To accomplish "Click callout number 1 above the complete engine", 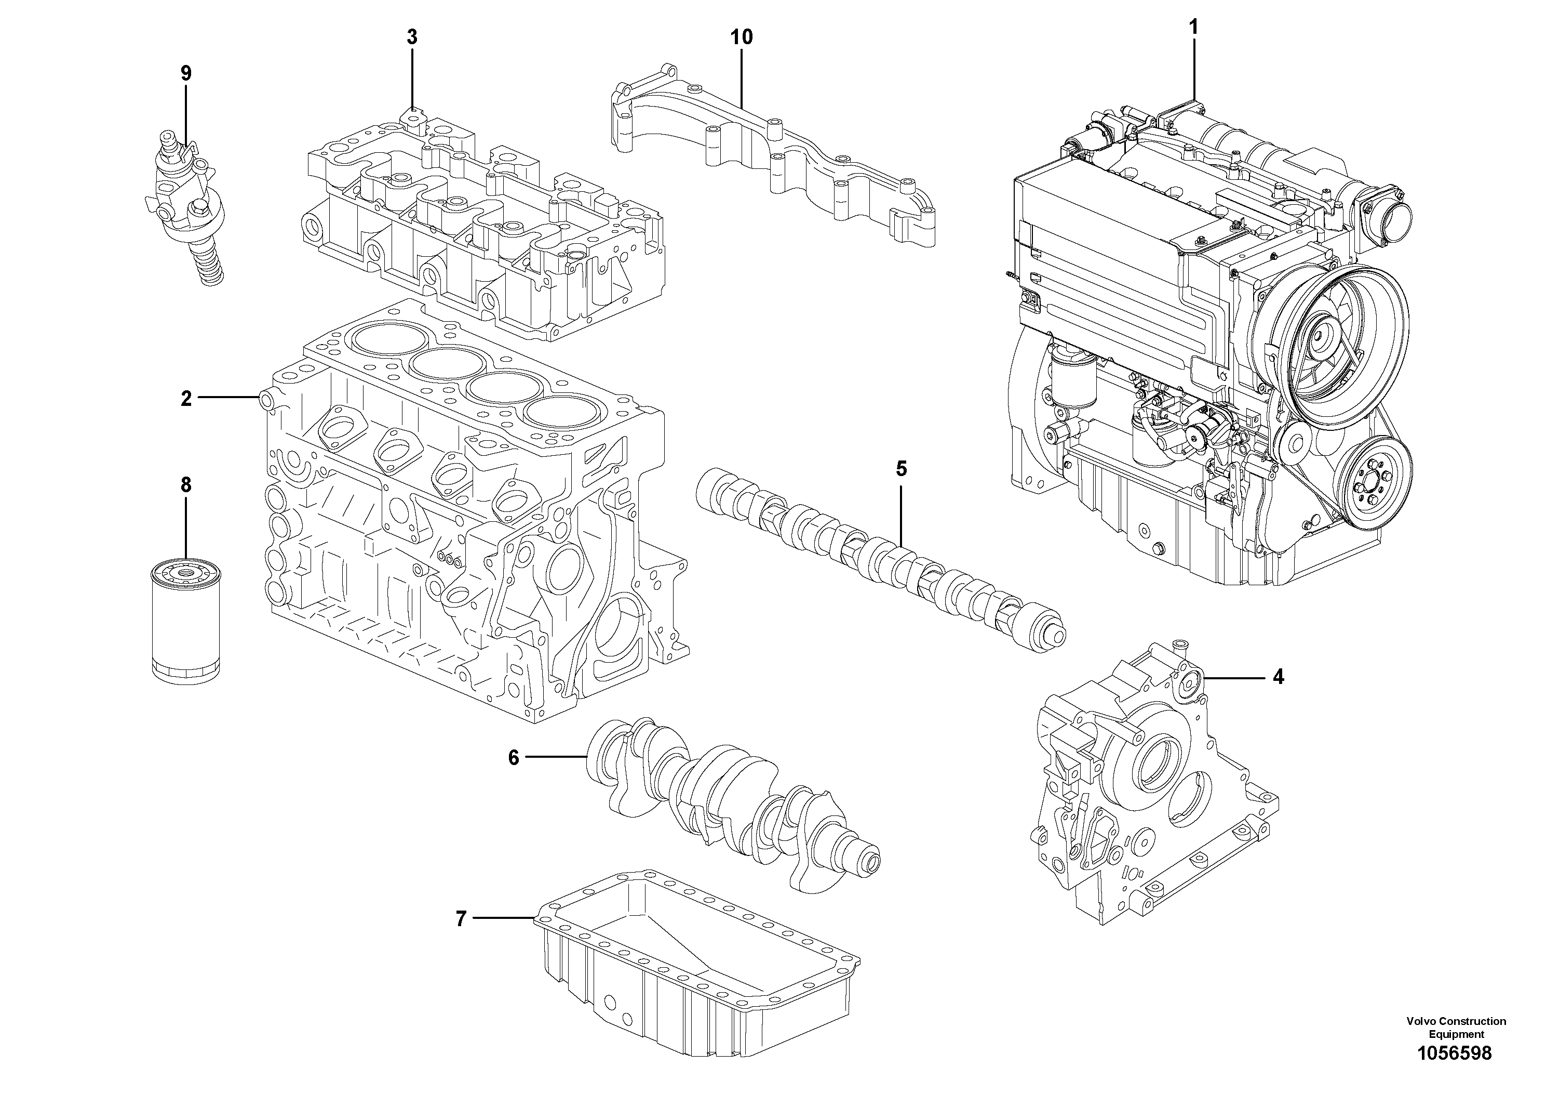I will tap(1194, 28).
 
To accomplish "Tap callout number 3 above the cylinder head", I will tap(411, 38).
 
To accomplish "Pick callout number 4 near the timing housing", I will tap(1278, 677).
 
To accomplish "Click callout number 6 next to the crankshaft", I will tap(514, 758).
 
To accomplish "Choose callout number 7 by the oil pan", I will tap(461, 919).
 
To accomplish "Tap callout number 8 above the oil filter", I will tap(186, 485).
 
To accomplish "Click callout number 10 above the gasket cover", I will tap(742, 38).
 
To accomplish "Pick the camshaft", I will tap(876, 559).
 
